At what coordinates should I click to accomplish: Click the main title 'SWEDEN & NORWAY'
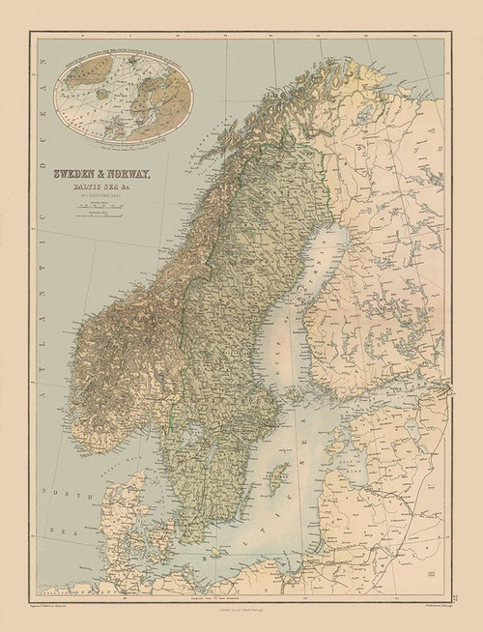pos(107,174)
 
